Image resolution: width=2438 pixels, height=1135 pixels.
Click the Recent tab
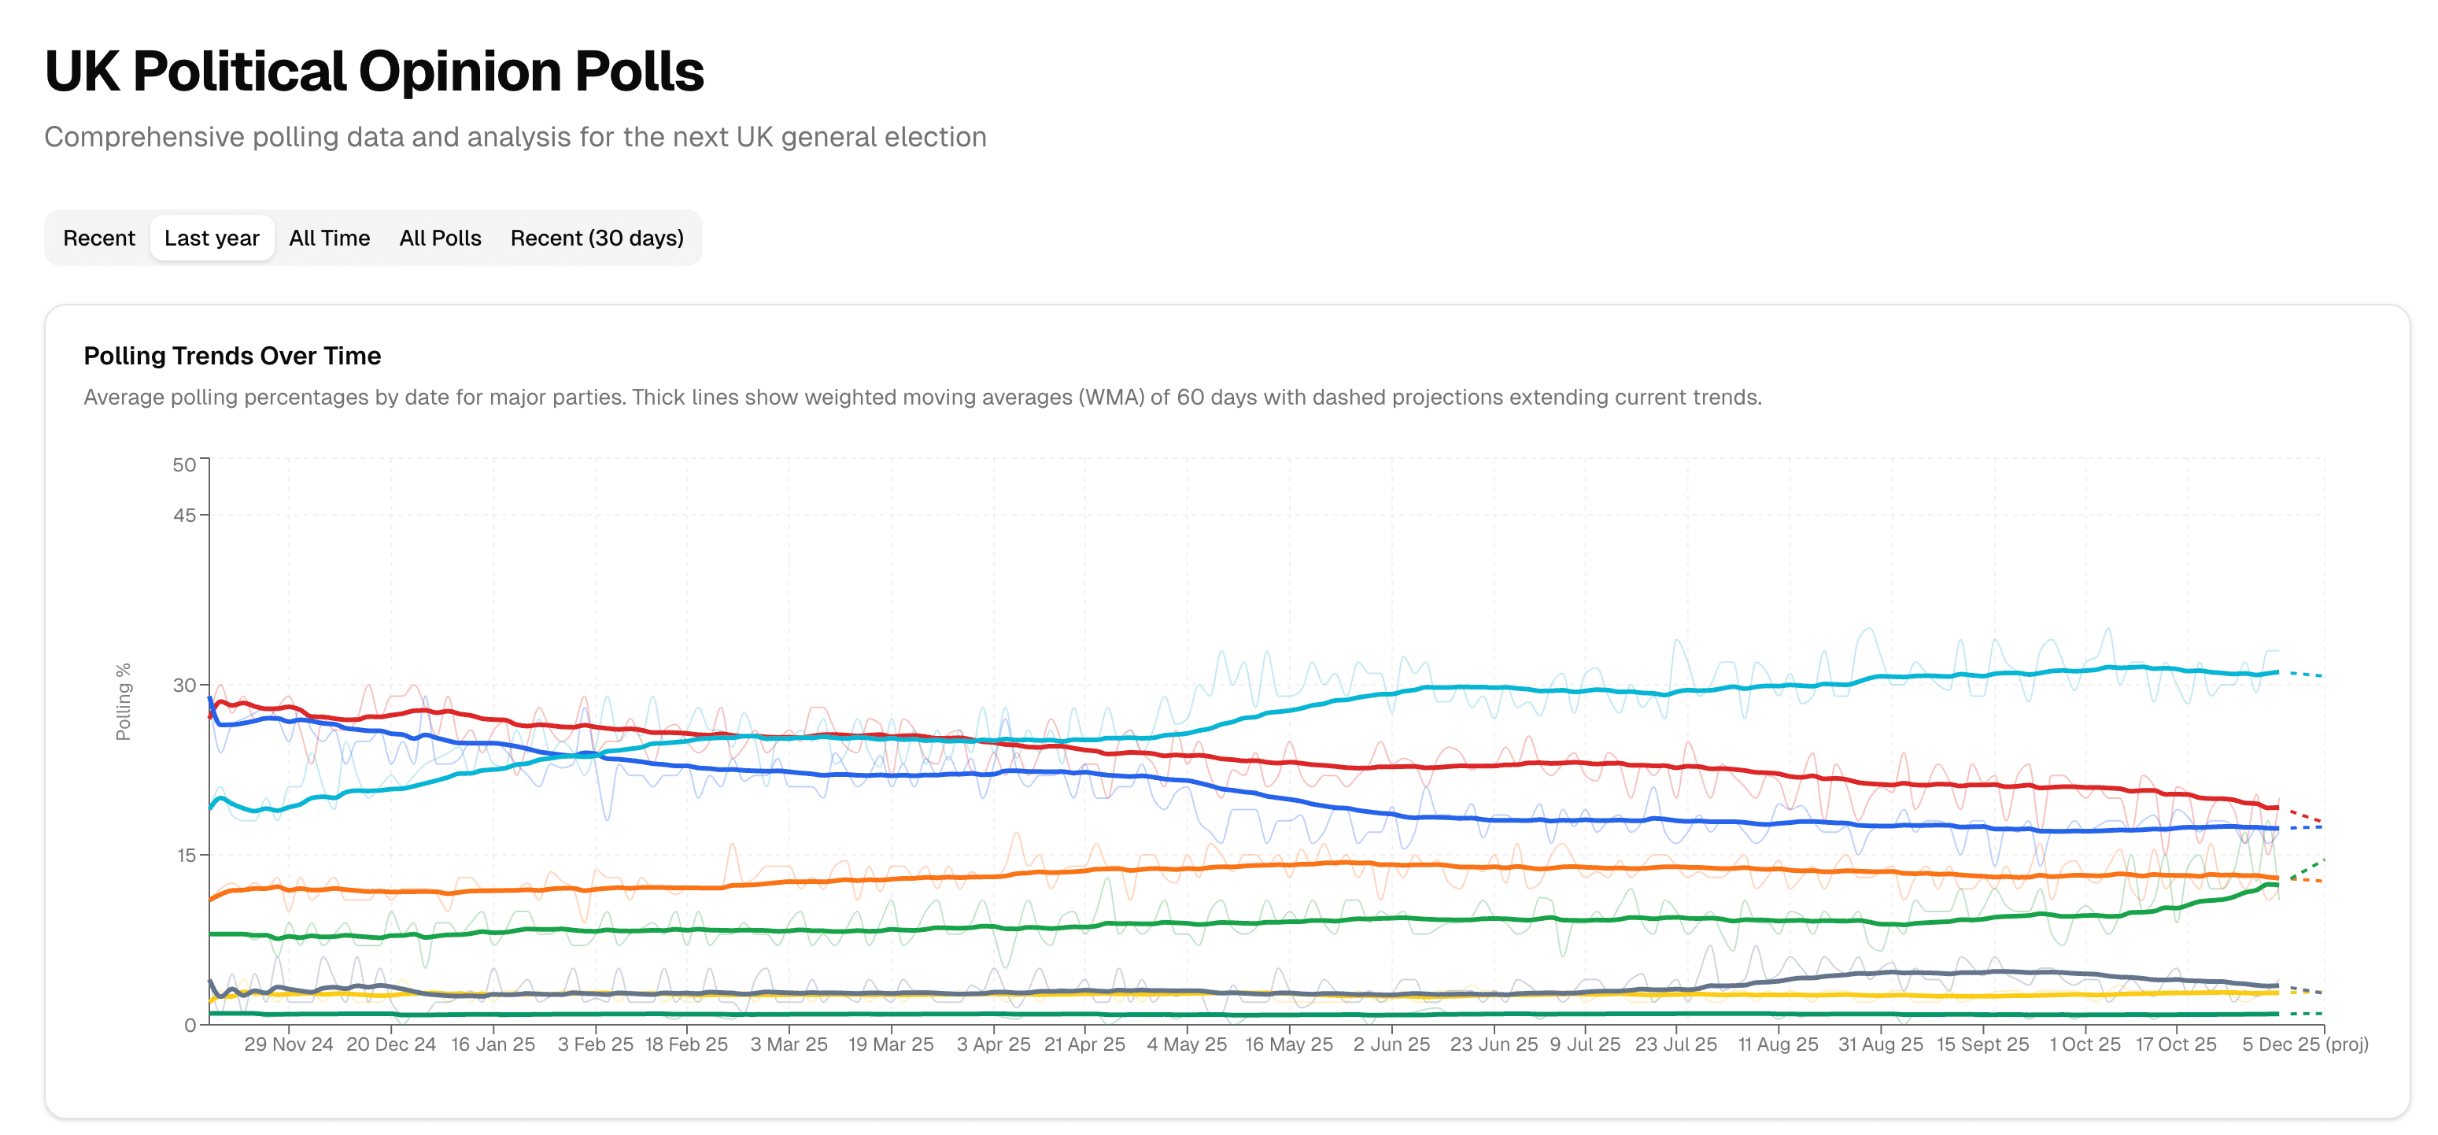pos(98,238)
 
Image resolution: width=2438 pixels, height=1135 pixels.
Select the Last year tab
pos(211,238)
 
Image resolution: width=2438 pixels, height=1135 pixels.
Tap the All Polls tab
pos(439,238)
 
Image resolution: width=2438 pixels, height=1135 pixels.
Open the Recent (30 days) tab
pos(597,238)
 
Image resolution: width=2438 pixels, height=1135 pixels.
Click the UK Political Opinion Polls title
pos(374,72)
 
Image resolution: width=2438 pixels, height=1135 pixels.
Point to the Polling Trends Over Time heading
pos(232,356)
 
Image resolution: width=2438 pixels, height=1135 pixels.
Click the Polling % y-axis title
pos(123,701)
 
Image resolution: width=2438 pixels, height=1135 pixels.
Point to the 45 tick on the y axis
pos(185,515)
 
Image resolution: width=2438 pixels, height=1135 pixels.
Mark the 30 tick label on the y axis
pos(185,685)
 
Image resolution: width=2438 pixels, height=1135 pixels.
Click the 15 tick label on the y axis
pos(187,855)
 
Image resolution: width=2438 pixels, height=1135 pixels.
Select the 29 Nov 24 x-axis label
pos(288,1044)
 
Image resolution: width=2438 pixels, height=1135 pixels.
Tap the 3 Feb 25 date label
pos(595,1044)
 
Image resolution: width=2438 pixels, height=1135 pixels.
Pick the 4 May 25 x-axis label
pos(1186,1044)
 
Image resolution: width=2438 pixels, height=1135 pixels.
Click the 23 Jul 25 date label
pos(1675,1044)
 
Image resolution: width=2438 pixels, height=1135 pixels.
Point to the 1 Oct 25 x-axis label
pos(2084,1044)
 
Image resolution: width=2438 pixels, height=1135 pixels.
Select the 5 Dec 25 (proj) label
pos(2304,1044)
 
